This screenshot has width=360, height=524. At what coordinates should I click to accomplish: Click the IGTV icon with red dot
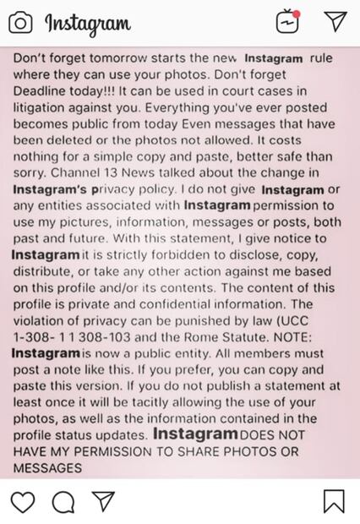tap(289, 21)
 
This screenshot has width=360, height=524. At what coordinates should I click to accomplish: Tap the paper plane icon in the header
tap(335, 21)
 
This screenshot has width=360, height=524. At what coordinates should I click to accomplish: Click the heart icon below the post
tap(23, 501)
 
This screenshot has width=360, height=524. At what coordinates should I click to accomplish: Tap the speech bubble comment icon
tap(63, 501)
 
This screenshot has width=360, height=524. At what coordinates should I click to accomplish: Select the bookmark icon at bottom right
tap(334, 501)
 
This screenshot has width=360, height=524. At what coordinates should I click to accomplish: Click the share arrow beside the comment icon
tap(103, 501)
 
